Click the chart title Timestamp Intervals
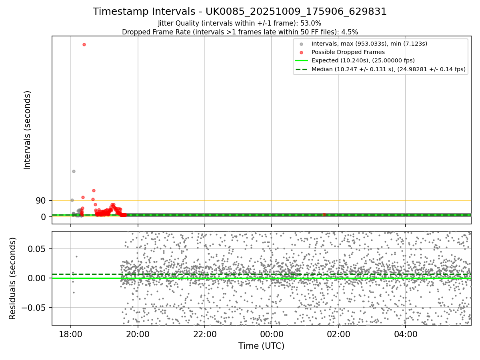240,12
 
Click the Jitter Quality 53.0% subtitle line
240,23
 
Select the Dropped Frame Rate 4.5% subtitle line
240,32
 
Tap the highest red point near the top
84,44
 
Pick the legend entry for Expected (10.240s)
363,60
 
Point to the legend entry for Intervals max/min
369,44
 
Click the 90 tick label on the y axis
41,200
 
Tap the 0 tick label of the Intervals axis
44,217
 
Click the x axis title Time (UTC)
261,346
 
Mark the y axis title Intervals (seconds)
28,130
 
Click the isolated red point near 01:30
324,215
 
